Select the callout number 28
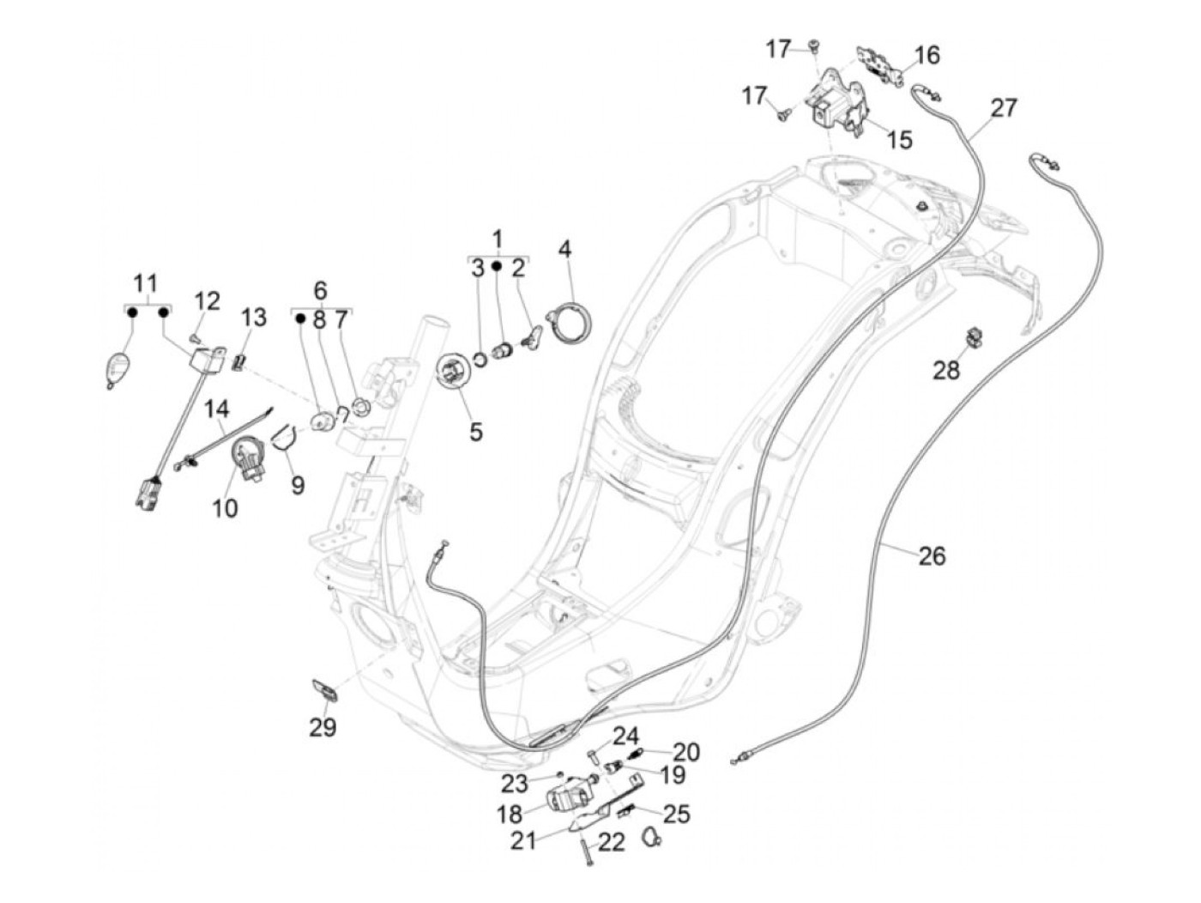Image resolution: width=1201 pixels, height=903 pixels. [946, 371]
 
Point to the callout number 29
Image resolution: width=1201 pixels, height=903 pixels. [323, 727]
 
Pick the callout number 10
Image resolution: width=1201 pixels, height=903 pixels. [225, 508]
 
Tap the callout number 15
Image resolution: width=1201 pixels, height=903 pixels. [900, 139]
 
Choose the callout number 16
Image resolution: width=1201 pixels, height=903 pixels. [926, 56]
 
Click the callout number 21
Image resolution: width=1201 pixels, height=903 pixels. [524, 840]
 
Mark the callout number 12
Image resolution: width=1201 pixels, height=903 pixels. [207, 301]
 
